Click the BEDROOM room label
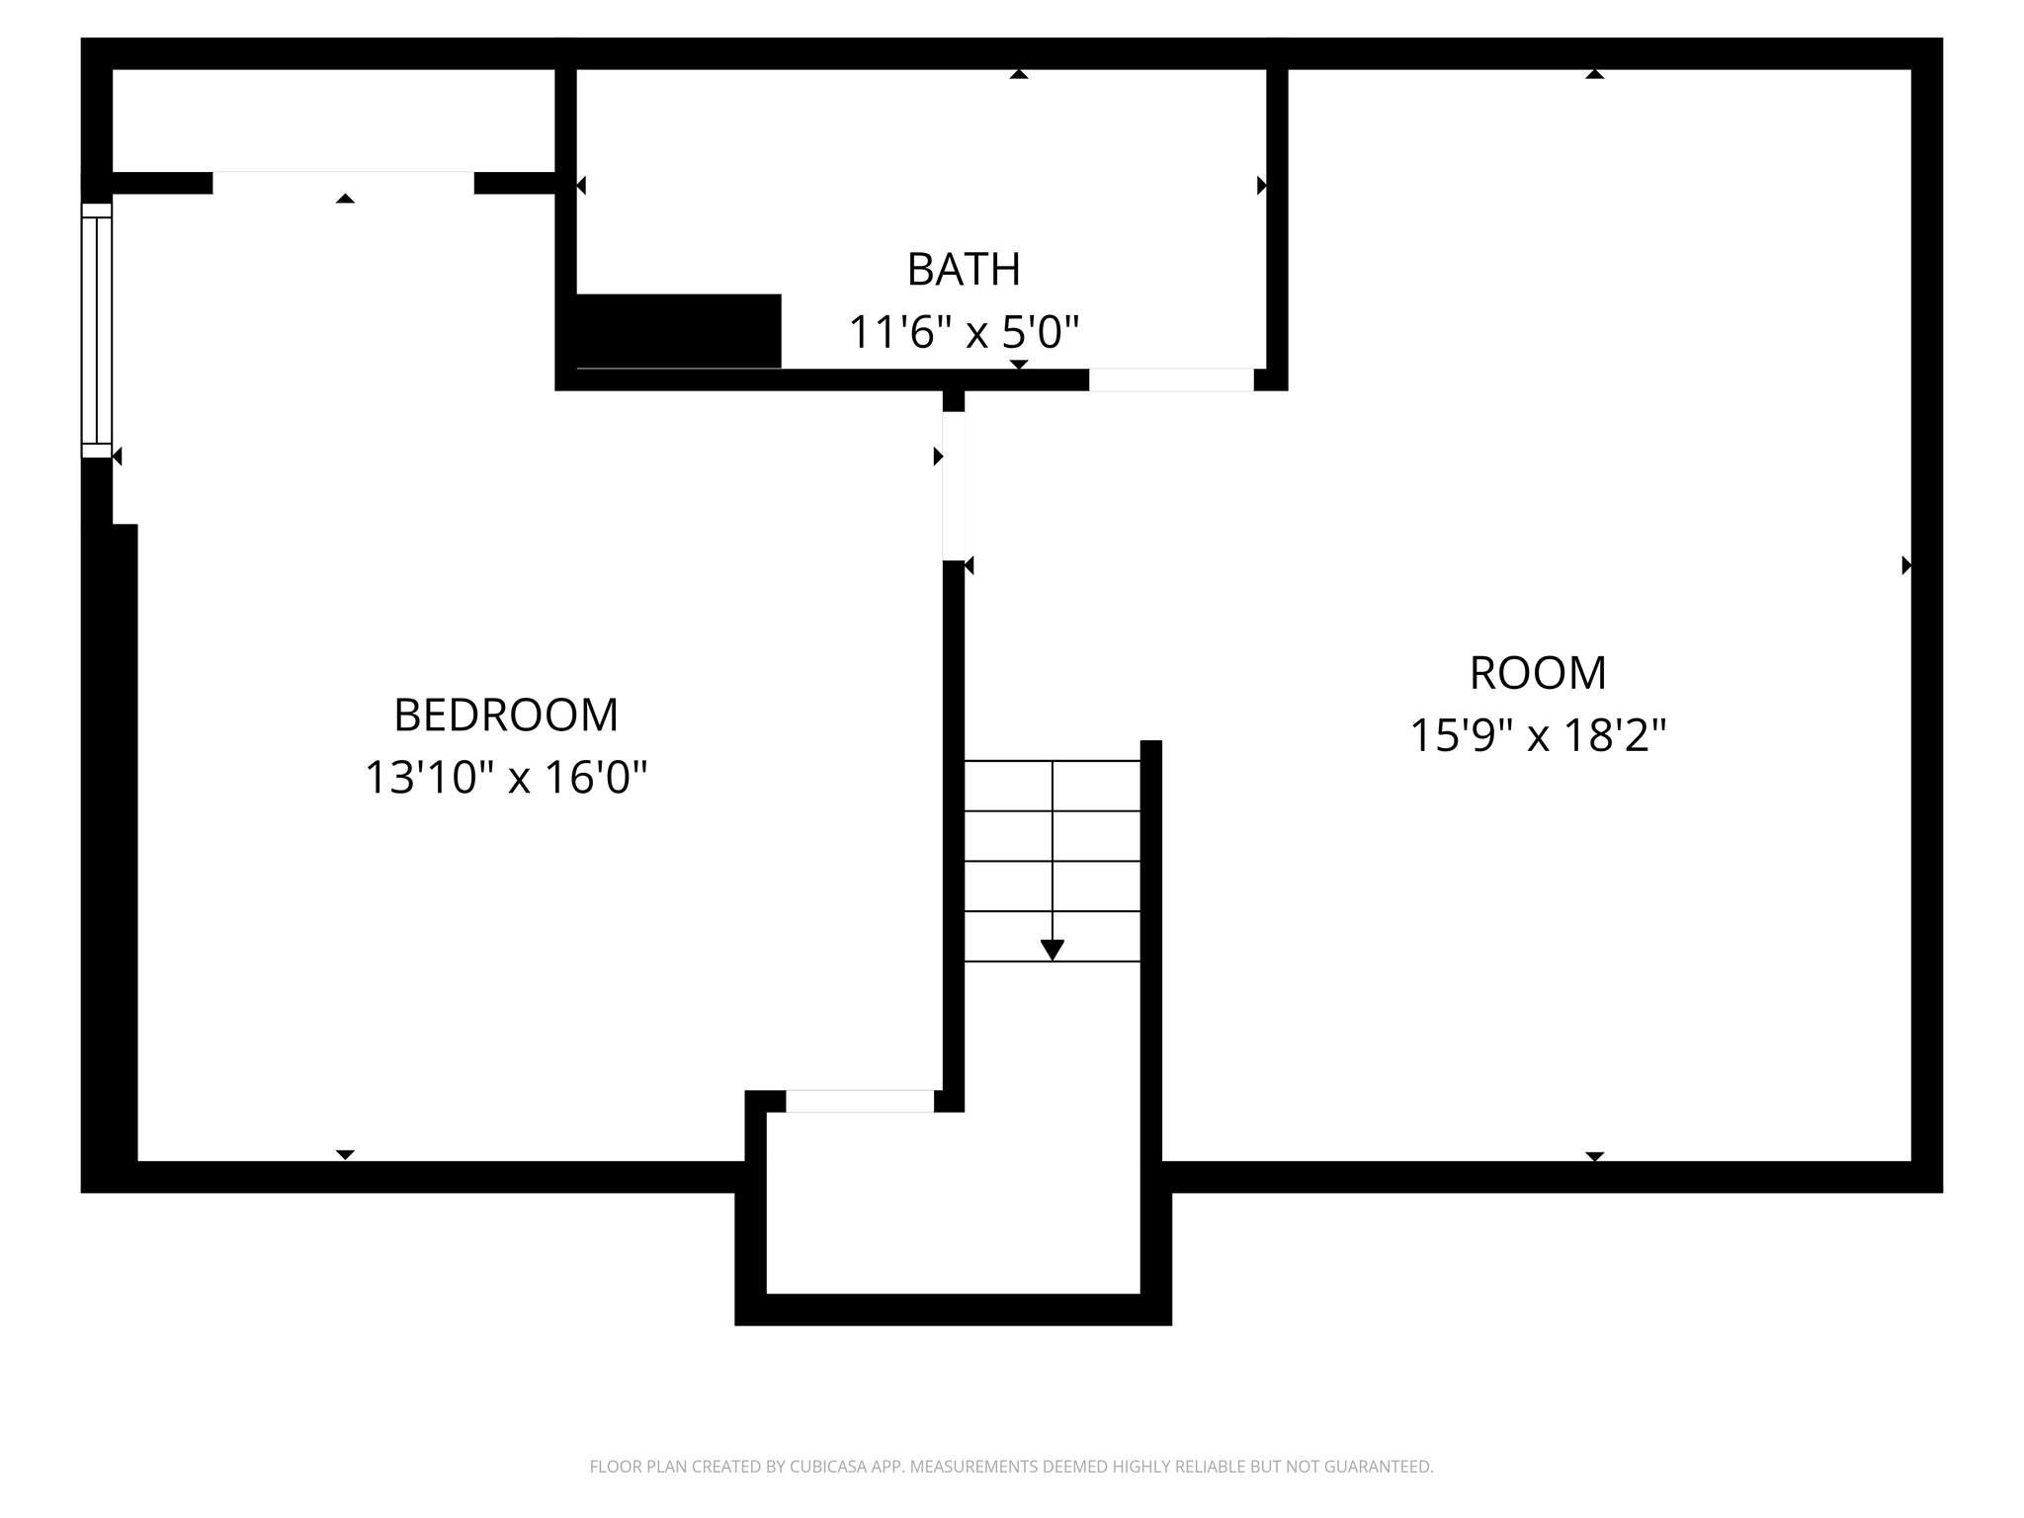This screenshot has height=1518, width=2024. pyautogui.click(x=506, y=715)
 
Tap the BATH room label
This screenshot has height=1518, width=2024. pyautogui.click(x=964, y=269)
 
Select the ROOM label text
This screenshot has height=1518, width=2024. pyautogui.click(x=1538, y=673)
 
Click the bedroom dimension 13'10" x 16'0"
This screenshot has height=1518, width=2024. pyautogui.click(x=506, y=777)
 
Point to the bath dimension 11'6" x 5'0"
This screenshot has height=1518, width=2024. pyautogui.click(x=964, y=332)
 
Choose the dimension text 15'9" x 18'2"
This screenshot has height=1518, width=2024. pyautogui.click(x=1538, y=735)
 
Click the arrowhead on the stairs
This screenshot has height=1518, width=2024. pyautogui.click(x=1053, y=949)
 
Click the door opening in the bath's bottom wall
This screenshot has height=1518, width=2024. pyautogui.click(x=1171, y=379)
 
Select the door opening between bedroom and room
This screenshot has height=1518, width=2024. pyautogui.click(x=953, y=485)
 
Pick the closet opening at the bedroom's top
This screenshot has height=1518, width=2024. pyautogui.click(x=343, y=183)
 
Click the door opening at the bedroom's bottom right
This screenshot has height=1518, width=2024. pyautogui.click(x=860, y=1101)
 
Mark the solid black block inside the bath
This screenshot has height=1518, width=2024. pyautogui.click(x=678, y=331)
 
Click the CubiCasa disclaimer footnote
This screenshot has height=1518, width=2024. pyautogui.click(x=1011, y=1467)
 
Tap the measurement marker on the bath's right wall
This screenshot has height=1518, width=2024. pyautogui.click(x=1262, y=185)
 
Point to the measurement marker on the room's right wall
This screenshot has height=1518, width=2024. pyautogui.click(x=1906, y=565)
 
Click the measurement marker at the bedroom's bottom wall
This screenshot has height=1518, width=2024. pyautogui.click(x=345, y=1154)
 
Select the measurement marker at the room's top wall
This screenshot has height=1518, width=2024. pyautogui.click(x=1594, y=74)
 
